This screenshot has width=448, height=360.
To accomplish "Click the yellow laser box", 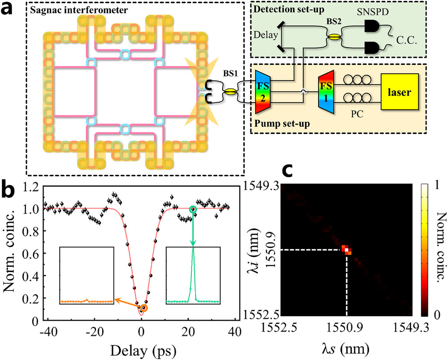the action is coord(400,92).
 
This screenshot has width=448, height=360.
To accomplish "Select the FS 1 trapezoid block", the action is coord(326,91).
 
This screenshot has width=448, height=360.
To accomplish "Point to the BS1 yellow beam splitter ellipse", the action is coord(231,92).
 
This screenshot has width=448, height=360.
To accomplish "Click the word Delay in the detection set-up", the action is coord(266,35).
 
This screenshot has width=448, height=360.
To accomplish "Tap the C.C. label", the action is coord(407,40).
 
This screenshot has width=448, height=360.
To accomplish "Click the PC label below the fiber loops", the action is coord(357,114).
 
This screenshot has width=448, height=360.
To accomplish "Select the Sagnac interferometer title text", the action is coord(79,10).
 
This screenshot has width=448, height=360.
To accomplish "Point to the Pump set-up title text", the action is coord(282,124).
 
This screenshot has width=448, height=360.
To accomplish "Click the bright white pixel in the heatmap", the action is coord(347,250).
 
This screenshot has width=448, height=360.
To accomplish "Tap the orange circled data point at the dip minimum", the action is coord(144,308).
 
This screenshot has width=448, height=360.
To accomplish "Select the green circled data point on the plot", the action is coord(193,209).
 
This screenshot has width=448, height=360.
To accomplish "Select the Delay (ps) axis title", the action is coord(143,351).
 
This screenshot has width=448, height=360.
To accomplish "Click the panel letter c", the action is coord(288,171).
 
